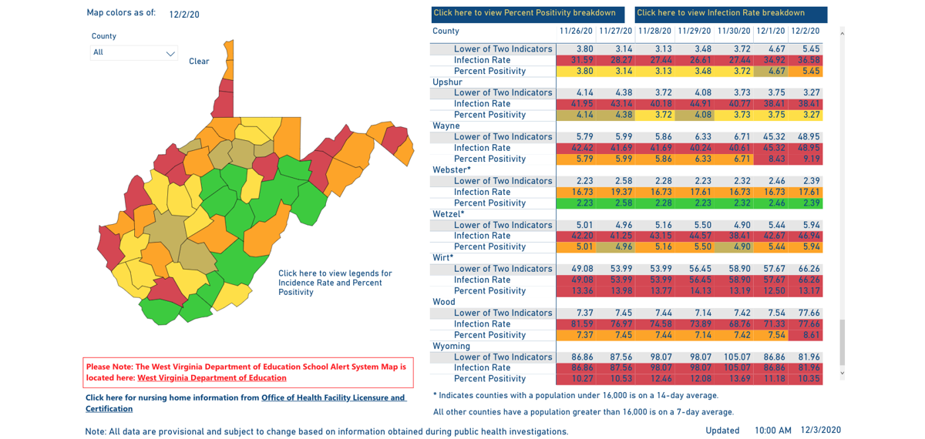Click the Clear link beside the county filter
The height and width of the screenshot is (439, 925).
(199, 62)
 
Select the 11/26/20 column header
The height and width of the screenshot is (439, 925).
(576, 32)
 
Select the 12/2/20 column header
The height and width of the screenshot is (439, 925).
(805, 32)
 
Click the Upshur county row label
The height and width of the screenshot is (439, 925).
(448, 82)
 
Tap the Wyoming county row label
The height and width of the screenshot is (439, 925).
(451, 347)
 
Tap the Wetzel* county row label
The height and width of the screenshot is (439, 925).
(449, 214)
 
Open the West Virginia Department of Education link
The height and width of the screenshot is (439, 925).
(212, 378)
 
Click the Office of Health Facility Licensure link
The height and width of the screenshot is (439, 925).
(333, 398)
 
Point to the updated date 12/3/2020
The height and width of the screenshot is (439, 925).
(820, 431)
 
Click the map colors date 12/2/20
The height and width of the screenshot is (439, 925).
(184, 15)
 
